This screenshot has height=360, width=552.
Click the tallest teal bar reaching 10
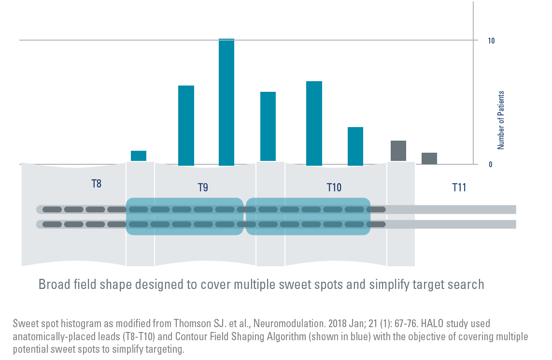pyautogui.click(x=226, y=102)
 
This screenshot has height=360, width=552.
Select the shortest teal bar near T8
pyautogui.click(x=139, y=156)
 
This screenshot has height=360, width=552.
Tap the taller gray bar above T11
pyautogui.click(x=398, y=151)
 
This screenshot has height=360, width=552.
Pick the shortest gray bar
pyautogui.click(x=429, y=158)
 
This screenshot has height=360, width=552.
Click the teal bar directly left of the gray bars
pyautogui.click(x=355, y=146)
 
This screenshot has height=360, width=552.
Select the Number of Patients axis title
pyautogui.click(x=501, y=120)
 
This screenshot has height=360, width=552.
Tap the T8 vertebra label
pyautogui.click(x=97, y=184)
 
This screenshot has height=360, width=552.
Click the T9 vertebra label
pyautogui.click(x=203, y=187)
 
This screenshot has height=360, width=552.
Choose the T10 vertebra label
pyautogui.click(x=334, y=187)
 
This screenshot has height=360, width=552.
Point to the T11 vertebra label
pyautogui.click(x=459, y=187)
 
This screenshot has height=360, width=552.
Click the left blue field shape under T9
pyautogui.click(x=184, y=216)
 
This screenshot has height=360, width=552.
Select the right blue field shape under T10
pyautogui.click(x=308, y=216)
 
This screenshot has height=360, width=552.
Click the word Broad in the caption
pyautogui.click(x=54, y=285)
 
